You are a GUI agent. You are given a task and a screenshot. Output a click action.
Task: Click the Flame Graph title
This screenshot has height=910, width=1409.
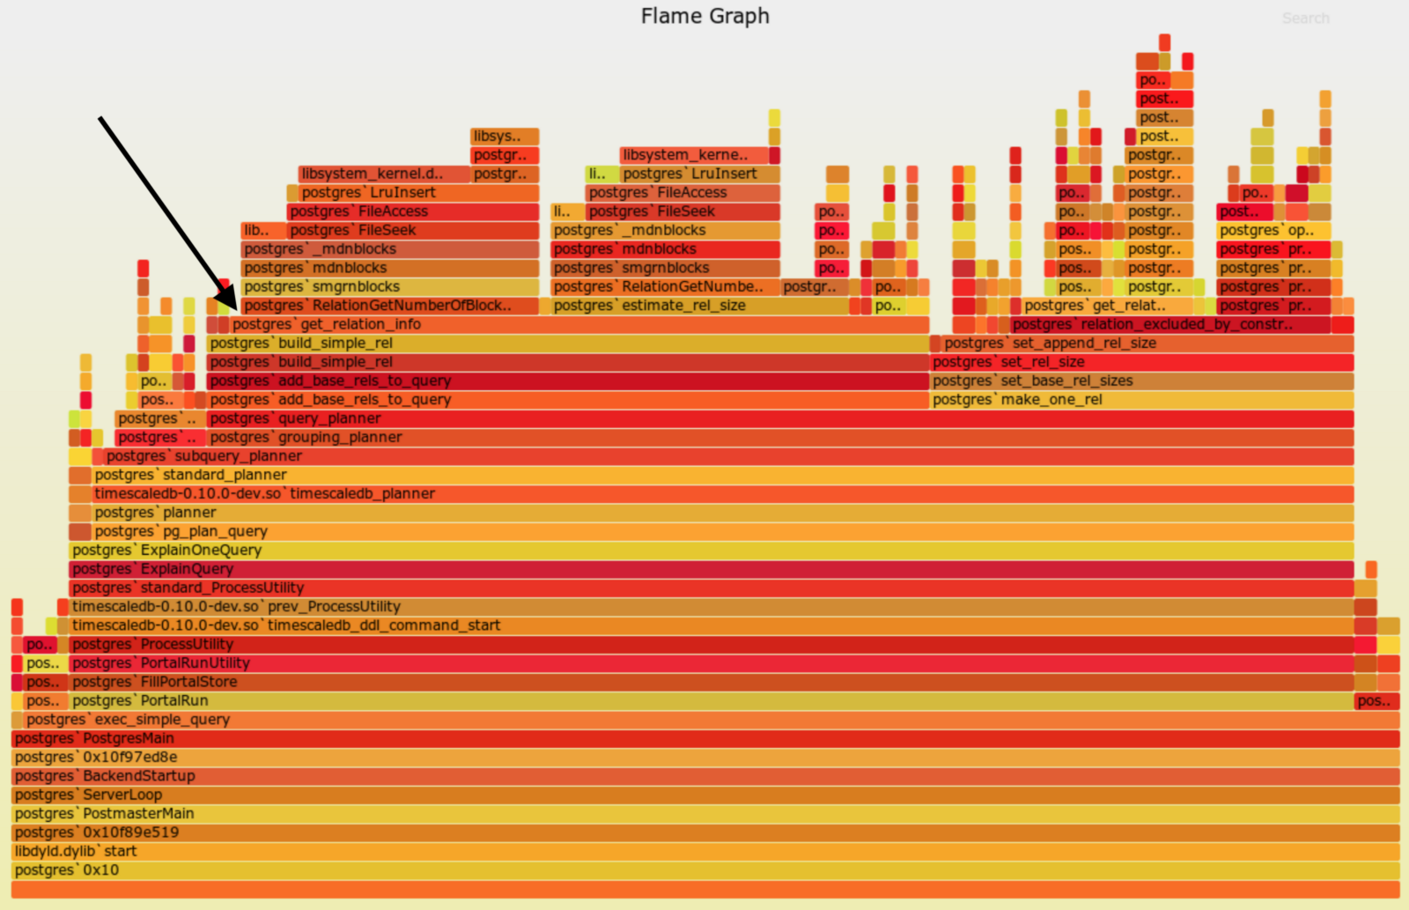click(704, 16)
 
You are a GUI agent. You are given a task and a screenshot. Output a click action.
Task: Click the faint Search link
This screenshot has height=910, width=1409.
click(1305, 18)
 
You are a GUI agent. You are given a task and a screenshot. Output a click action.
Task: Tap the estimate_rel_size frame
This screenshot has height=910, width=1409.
click(700, 306)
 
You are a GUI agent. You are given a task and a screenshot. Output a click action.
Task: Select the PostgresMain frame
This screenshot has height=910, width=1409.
click(704, 739)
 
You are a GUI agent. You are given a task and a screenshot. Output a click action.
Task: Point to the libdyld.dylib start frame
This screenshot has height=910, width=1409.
click(704, 852)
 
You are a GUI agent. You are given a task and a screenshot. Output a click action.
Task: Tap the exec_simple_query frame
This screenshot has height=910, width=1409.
click(704, 720)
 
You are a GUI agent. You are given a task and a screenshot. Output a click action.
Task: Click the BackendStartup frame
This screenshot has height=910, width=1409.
click(704, 776)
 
